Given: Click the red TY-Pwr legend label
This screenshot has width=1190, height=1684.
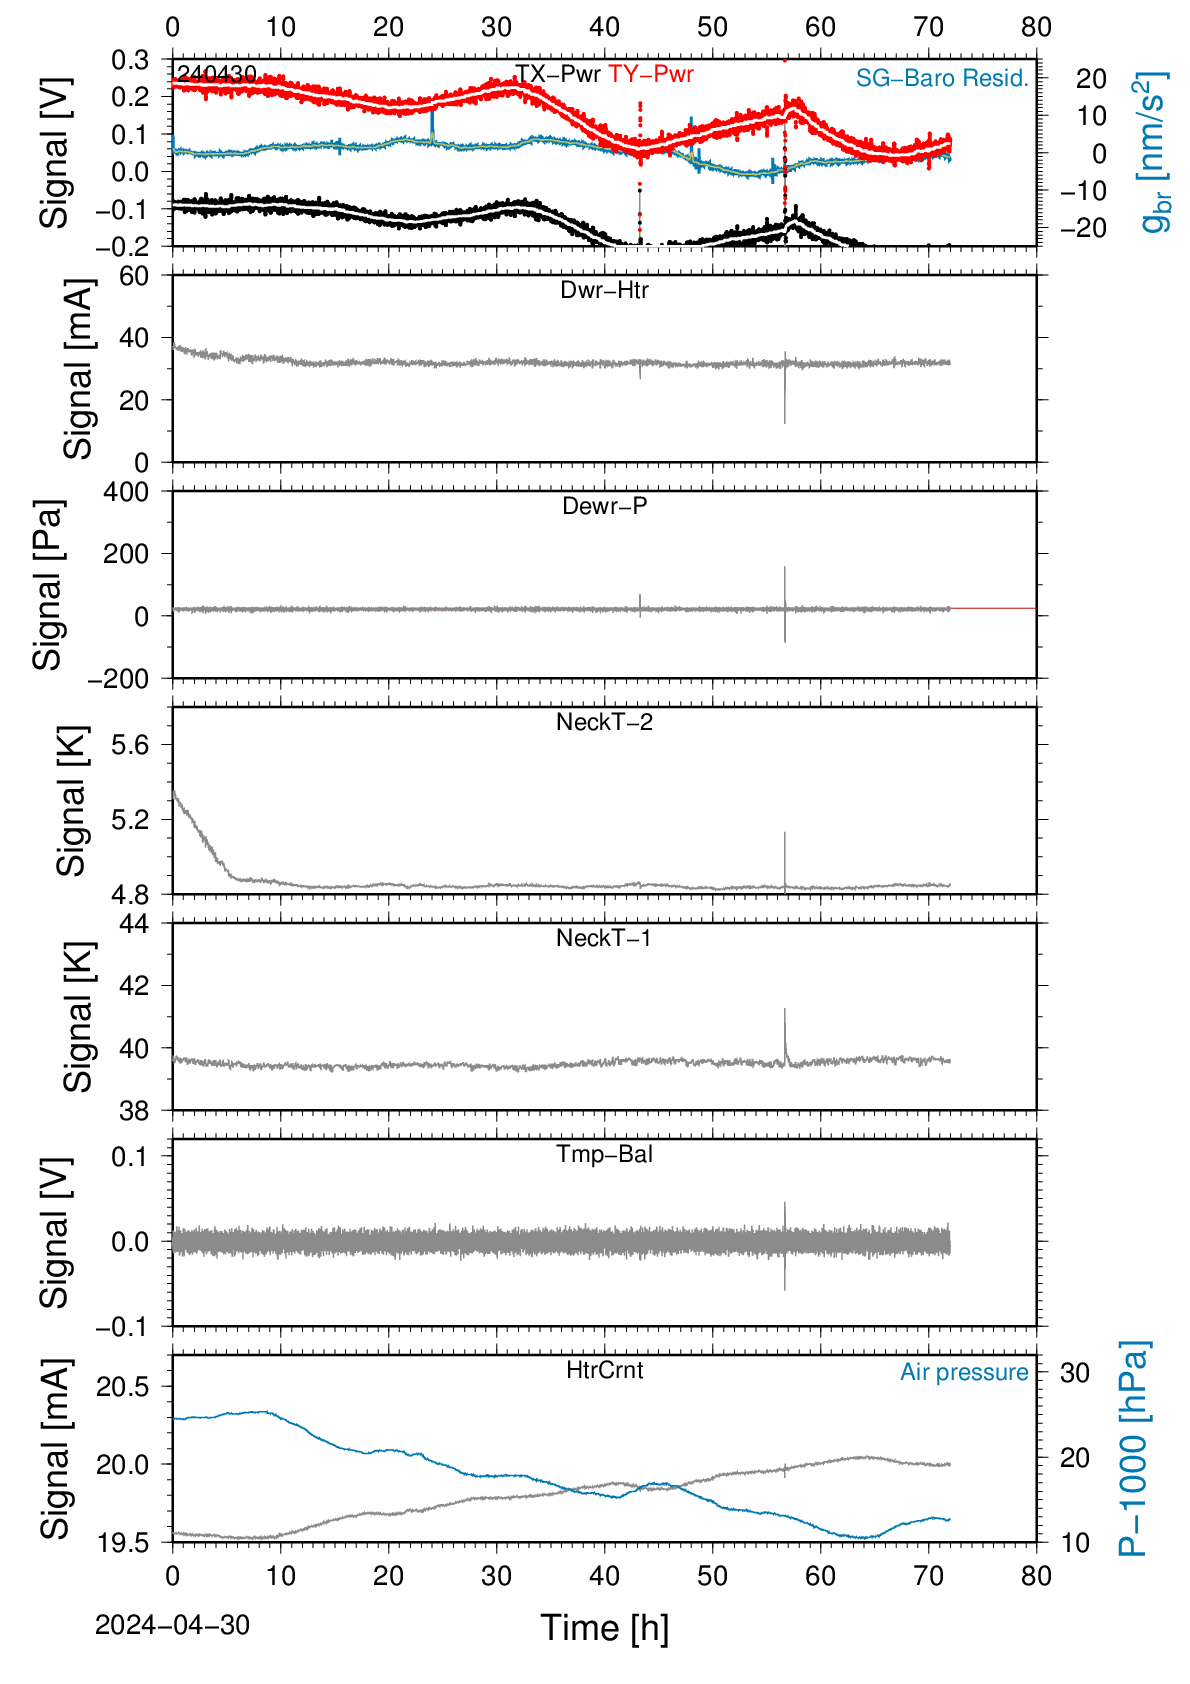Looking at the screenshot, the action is tap(650, 74).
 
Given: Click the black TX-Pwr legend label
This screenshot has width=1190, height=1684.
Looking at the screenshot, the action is tap(557, 74).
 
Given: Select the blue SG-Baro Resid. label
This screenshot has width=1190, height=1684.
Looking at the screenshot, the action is tap(942, 78).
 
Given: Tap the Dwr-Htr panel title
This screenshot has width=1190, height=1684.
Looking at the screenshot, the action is tap(604, 290).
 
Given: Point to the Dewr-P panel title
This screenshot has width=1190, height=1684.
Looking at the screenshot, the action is tap(604, 506).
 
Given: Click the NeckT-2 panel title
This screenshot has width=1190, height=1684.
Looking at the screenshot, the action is tap(604, 722).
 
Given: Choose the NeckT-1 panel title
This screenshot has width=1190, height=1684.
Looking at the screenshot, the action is tap(604, 937).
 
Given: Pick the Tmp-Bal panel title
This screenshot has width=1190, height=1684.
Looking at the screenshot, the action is tap(604, 1153).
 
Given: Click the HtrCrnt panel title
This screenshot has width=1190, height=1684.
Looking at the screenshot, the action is tap(604, 1370).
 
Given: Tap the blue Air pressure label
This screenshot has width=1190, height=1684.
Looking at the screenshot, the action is tap(964, 1372).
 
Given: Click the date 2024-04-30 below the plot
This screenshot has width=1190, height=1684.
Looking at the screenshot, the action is tap(172, 1625).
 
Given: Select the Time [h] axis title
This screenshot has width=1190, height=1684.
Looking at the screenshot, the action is tap(604, 1628).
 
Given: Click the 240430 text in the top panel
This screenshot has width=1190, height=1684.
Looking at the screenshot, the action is tap(217, 74).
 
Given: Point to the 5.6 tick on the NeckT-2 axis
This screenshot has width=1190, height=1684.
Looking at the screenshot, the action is tap(131, 745).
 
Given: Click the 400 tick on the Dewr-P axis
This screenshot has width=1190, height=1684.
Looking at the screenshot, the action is tap(126, 492).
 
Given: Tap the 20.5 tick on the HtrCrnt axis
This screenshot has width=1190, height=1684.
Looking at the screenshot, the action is tap(123, 1387).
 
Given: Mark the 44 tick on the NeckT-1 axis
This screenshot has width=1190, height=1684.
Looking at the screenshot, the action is tap(134, 924).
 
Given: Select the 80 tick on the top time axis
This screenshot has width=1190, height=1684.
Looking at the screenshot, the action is tap(1036, 27).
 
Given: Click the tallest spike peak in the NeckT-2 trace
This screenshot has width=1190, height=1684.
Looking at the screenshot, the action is tap(785, 832).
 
